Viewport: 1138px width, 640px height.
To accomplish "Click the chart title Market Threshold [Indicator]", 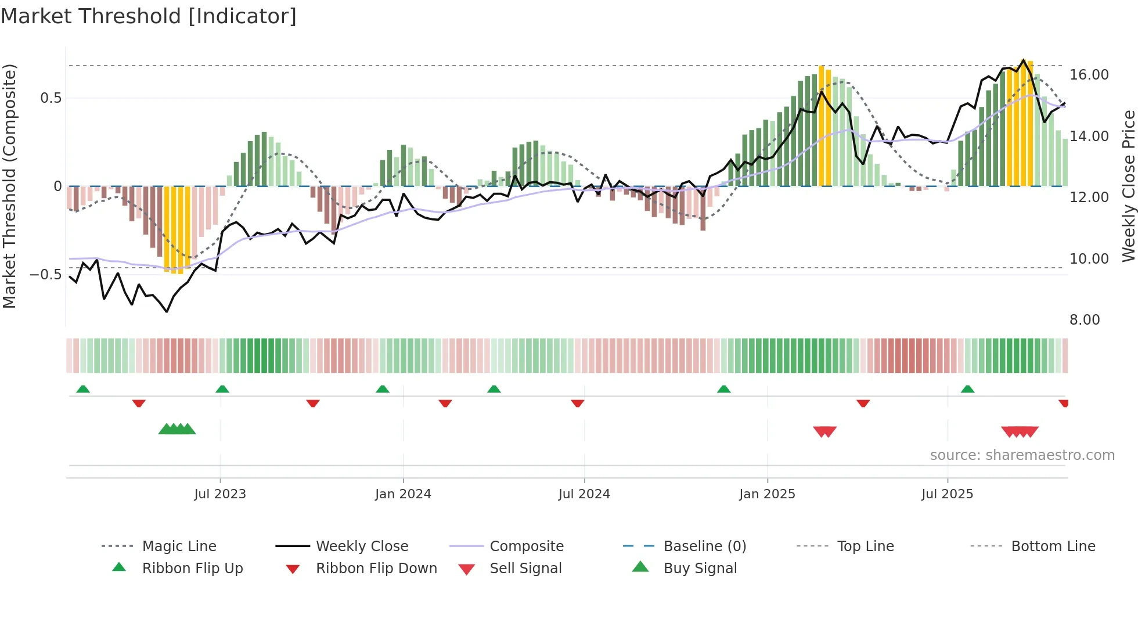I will [149, 16].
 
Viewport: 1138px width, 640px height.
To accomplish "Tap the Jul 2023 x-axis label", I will [220, 494].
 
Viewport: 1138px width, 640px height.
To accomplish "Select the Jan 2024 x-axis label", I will [403, 494].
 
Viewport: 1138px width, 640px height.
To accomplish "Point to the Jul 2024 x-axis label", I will [584, 494].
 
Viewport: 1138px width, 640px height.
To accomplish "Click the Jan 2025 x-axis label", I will [767, 494].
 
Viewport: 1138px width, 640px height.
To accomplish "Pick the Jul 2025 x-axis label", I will [947, 494].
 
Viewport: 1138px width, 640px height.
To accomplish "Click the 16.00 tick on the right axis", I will [1089, 75].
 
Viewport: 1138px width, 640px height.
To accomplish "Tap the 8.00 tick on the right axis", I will [1085, 320].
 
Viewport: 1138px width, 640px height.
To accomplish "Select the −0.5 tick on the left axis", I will [46, 274].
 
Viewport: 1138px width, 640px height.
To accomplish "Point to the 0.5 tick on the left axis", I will [51, 98].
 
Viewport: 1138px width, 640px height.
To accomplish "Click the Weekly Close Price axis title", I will [1128, 186].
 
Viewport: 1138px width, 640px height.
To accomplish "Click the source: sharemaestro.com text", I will [1022, 455].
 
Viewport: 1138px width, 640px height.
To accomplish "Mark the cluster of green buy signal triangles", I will [177, 429].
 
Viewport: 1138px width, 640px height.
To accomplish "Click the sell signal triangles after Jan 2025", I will [824, 432].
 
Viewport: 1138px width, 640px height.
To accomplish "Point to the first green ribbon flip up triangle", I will [83, 389].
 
